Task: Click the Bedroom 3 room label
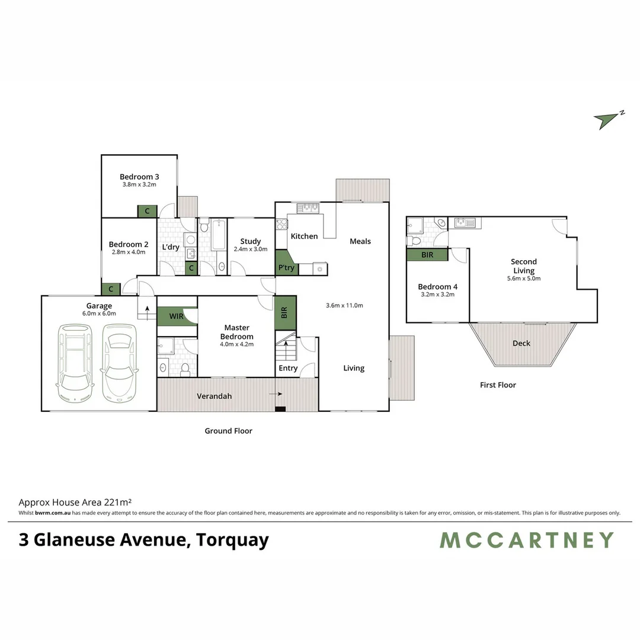click(x=139, y=177)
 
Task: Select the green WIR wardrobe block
click(x=177, y=316)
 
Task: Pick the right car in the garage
click(x=118, y=361)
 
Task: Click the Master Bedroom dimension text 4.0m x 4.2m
click(x=236, y=344)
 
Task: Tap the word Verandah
click(x=214, y=396)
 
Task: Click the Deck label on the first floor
click(x=521, y=343)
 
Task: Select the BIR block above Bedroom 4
click(x=427, y=254)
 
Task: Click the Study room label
click(x=251, y=241)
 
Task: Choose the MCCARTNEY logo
click(x=527, y=540)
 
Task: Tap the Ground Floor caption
click(x=229, y=431)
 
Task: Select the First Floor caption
click(x=498, y=385)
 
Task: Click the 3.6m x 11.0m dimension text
click(x=344, y=306)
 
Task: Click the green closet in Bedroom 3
click(x=147, y=211)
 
